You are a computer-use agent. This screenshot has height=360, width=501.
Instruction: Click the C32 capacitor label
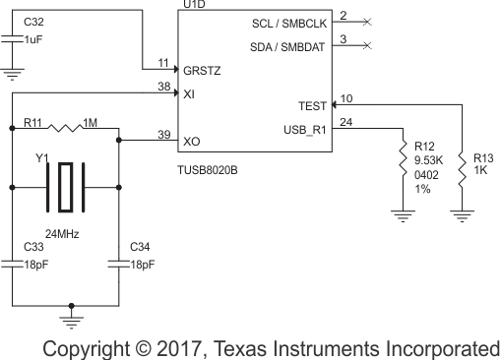32,21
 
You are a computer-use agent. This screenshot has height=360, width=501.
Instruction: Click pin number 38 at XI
163,86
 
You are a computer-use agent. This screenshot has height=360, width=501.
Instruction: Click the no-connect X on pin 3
368,45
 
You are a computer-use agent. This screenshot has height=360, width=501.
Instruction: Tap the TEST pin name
312,106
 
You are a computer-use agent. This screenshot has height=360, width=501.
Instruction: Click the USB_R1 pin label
304,130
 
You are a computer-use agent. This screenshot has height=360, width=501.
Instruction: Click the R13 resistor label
483,156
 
